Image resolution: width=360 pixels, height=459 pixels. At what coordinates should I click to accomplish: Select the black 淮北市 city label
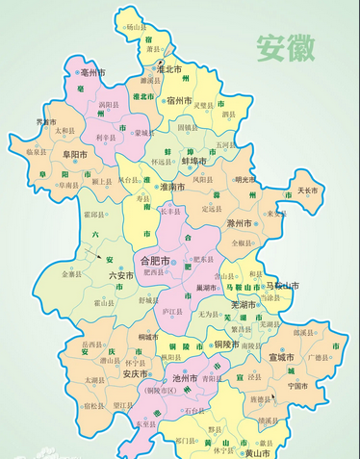tap(170, 69)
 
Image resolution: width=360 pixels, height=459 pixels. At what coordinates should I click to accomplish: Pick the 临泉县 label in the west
tap(36, 151)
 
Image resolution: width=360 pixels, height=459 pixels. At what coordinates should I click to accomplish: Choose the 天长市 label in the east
tap(307, 190)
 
